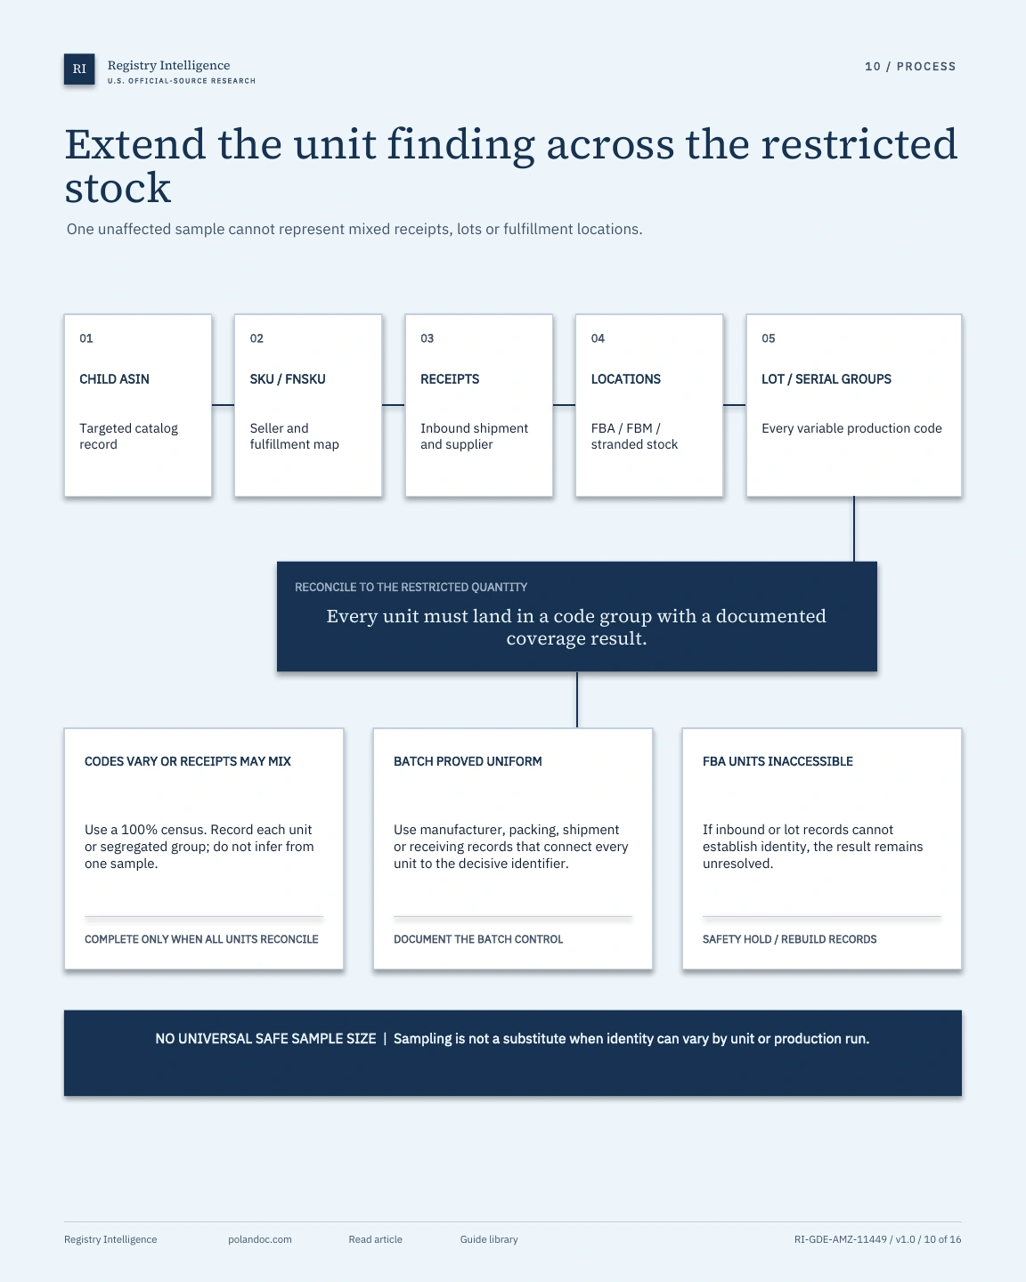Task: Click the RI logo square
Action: [79, 69]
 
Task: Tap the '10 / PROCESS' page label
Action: [910, 67]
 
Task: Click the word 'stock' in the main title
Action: [118, 188]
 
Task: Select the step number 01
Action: [85, 338]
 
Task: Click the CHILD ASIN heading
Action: [115, 379]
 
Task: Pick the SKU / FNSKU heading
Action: [288, 379]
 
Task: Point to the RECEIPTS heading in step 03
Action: [450, 379]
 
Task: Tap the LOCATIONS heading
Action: [625, 379]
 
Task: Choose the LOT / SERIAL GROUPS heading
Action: [826, 379]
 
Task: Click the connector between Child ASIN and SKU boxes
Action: [223, 405]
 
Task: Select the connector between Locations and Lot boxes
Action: [735, 405]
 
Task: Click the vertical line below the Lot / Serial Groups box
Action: [854, 529]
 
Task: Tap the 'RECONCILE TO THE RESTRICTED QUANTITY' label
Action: [411, 588]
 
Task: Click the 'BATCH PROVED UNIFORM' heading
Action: [468, 761]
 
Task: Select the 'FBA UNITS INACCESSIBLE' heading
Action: [778, 761]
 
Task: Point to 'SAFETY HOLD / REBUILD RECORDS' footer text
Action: [789, 939]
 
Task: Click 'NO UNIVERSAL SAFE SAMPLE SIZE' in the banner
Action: [265, 1039]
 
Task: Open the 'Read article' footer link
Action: [376, 1239]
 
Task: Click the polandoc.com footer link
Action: [260, 1239]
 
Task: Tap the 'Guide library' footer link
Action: [489, 1239]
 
